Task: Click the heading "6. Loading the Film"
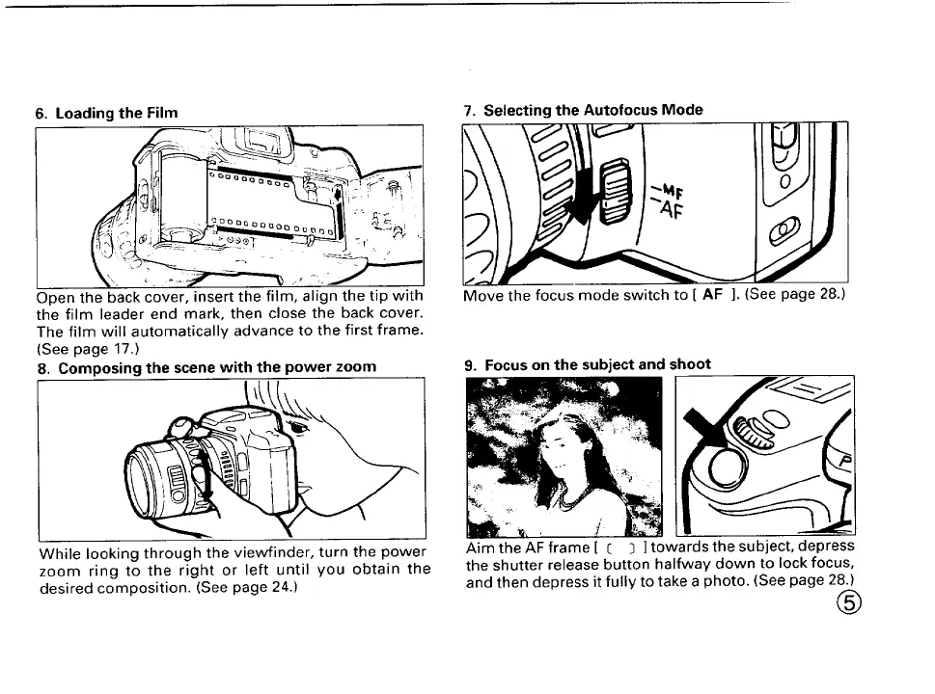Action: tap(106, 113)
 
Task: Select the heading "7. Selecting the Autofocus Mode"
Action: tap(583, 110)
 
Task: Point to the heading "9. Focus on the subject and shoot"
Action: tap(587, 364)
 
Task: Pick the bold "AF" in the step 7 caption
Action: tap(713, 295)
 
